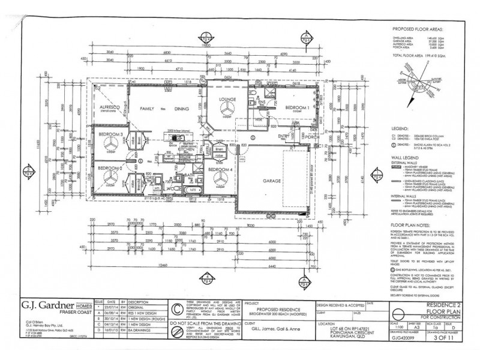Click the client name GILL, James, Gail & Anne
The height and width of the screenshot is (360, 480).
[x=257, y=330]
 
